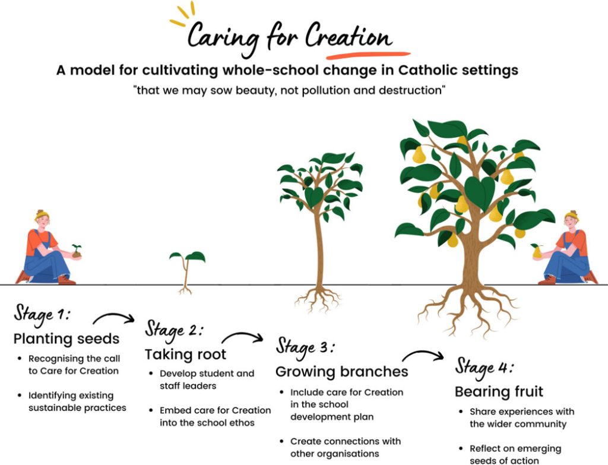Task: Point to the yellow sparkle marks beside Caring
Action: (x=182, y=15)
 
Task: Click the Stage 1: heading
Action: (x=42, y=315)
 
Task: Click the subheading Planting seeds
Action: (x=66, y=339)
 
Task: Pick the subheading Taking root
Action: (x=185, y=355)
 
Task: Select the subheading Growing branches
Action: (x=341, y=372)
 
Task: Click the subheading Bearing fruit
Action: (x=499, y=392)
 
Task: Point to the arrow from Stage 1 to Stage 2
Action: (x=114, y=318)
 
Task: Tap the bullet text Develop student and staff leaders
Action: (x=207, y=379)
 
